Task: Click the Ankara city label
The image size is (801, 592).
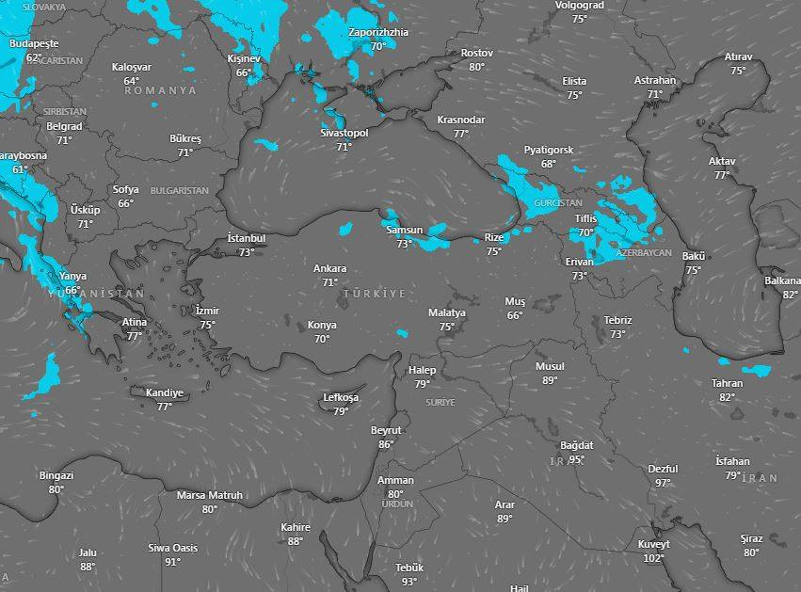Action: tap(329, 269)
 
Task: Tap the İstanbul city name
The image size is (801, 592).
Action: tap(247, 239)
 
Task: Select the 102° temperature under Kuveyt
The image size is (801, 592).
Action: tap(653, 558)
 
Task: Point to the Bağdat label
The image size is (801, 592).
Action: tap(577, 445)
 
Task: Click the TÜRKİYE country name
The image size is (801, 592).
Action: tap(375, 294)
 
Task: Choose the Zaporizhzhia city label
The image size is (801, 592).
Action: tap(378, 32)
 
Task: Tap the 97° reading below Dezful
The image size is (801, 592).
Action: tap(664, 482)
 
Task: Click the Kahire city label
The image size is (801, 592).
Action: tap(296, 528)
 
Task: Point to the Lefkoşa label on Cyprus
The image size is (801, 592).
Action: tap(341, 398)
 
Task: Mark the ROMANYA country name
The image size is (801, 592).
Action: tap(160, 90)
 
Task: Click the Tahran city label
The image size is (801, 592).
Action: tap(728, 384)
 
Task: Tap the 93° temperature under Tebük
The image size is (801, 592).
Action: tap(409, 582)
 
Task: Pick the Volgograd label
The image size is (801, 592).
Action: tap(580, 5)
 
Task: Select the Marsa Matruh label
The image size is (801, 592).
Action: tap(209, 496)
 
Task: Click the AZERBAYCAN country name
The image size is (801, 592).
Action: tap(644, 253)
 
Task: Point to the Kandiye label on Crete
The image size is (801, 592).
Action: tap(165, 393)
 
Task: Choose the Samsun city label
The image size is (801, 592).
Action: tap(404, 231)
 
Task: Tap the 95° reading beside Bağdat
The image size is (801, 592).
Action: tap(576, 459)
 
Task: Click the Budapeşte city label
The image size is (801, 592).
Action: tap(34, 44)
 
